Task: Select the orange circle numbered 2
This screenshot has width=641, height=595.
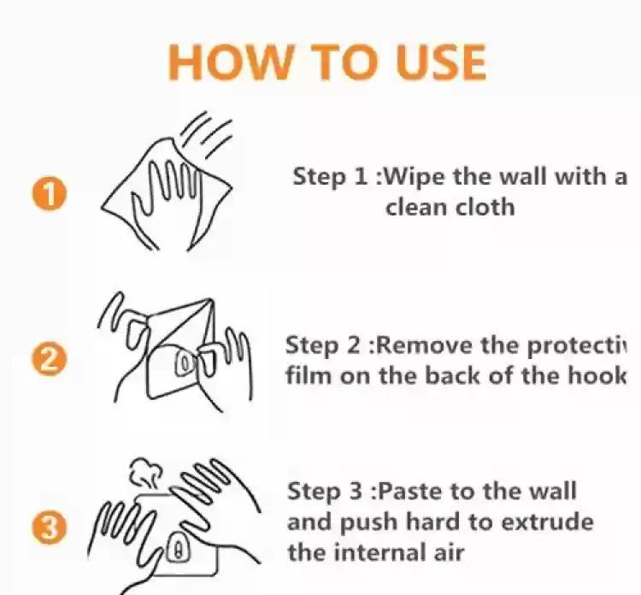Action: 52,358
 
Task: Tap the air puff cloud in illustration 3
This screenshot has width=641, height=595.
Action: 146,473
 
